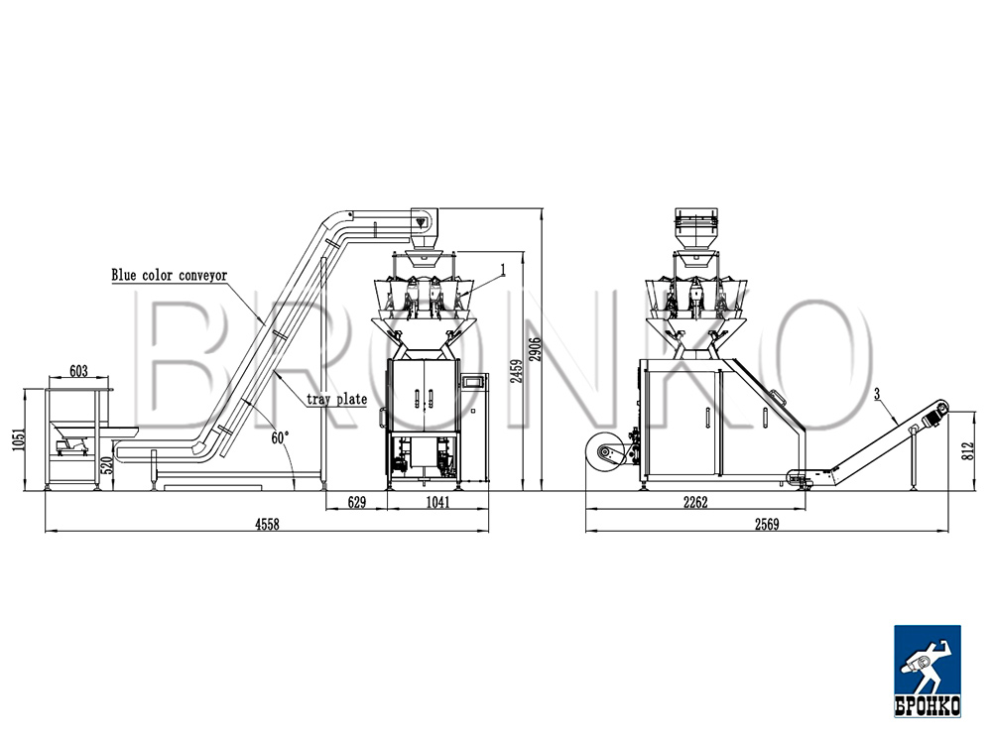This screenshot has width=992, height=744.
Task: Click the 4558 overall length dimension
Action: coord(266,523)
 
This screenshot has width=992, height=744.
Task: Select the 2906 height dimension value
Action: coord(536,350)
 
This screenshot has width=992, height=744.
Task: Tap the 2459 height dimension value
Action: coord(517,371)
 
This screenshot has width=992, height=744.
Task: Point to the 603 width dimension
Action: coord(78,371)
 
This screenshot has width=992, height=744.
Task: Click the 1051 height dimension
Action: coord(19,439)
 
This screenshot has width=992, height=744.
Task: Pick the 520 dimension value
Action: coord(107,465)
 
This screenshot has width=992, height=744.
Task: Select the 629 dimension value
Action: coord(357,502)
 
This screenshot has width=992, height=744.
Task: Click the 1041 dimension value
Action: coord(437,502)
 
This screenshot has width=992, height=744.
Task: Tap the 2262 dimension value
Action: coord(695,502)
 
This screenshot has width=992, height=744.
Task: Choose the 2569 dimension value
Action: coord(767,524)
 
